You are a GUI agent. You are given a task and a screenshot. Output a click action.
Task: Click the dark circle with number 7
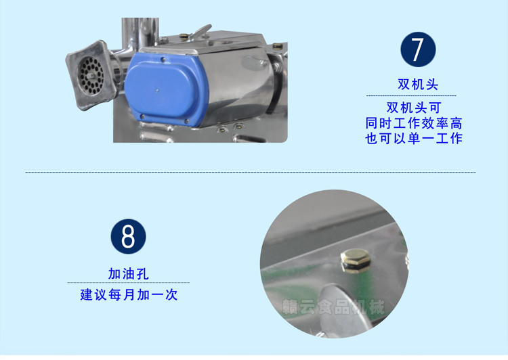418,49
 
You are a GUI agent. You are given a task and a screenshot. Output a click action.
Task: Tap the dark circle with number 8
128,236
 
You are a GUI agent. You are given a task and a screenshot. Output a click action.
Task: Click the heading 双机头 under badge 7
418,85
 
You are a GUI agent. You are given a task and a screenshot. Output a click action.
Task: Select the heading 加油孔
128,274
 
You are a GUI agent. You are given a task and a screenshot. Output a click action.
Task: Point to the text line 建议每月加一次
129,295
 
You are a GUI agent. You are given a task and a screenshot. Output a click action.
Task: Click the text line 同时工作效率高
414,123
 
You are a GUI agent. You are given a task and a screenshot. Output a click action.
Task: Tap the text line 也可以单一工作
414,139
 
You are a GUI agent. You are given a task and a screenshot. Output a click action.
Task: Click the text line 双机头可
414,108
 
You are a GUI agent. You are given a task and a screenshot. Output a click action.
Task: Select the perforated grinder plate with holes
91,76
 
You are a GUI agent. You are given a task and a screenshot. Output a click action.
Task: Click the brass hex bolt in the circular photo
356,261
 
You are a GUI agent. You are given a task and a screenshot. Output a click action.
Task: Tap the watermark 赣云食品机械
334,307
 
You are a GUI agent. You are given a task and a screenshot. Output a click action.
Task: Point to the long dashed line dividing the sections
251,173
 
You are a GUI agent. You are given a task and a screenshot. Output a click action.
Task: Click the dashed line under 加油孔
128,283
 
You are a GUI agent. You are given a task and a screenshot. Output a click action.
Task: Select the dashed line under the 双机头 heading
411,96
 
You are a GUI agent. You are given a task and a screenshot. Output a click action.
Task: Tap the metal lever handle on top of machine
200,32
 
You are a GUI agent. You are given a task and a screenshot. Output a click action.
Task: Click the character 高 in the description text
456,123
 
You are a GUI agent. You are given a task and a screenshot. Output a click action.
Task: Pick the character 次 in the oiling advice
171,295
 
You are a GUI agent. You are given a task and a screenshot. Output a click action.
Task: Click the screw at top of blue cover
163,60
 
